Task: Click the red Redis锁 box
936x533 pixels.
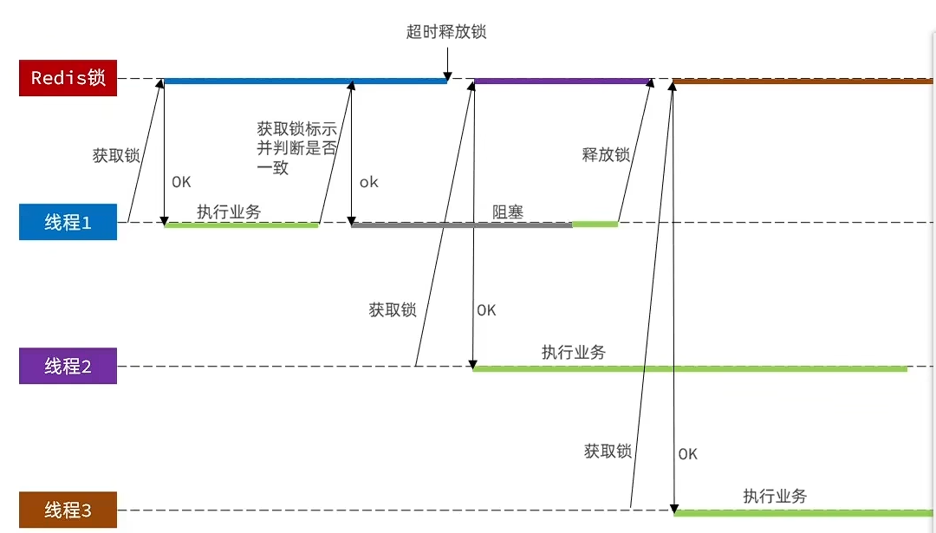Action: [68, 78]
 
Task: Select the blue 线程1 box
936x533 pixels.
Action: [68, 222]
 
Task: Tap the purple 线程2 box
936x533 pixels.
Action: [68, 366]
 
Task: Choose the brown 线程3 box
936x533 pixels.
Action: [68, 510]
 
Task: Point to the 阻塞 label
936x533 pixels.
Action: [508, 211]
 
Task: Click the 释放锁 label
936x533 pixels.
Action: [606, 155]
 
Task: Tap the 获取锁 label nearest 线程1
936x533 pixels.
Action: [116, 156]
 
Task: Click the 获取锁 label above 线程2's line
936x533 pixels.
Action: [393, 309]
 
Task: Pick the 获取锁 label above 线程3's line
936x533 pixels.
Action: [608, 451]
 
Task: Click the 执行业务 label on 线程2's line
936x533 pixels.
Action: [574, 352]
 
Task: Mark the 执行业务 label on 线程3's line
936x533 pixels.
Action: [775, 496]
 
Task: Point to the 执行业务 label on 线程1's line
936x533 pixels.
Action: [229, 211]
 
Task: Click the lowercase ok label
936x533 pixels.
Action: [369, 182]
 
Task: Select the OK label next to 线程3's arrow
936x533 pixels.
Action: [687, 453]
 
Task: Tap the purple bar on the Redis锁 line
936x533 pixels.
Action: [562, 81]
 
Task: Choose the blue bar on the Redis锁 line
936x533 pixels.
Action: [303, 81]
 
